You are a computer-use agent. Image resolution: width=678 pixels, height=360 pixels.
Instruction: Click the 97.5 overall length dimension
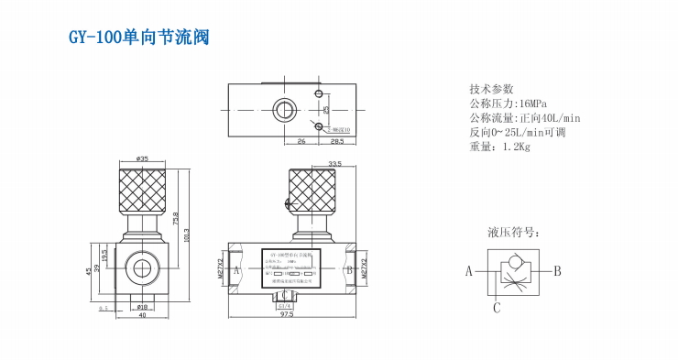[286, 314]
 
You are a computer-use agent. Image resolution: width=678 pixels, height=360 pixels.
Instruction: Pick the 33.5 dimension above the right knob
[309, 163]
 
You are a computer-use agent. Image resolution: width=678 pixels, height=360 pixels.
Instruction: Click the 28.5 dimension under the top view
[336, 142]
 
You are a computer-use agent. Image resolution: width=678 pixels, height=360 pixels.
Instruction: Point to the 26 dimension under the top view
[301, 142]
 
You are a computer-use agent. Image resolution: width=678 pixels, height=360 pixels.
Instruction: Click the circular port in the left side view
[142, 268]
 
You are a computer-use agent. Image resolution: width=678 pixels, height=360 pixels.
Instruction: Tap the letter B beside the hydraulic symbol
[556, 271]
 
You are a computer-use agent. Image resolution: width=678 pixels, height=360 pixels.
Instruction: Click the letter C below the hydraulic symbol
[496, 308]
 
